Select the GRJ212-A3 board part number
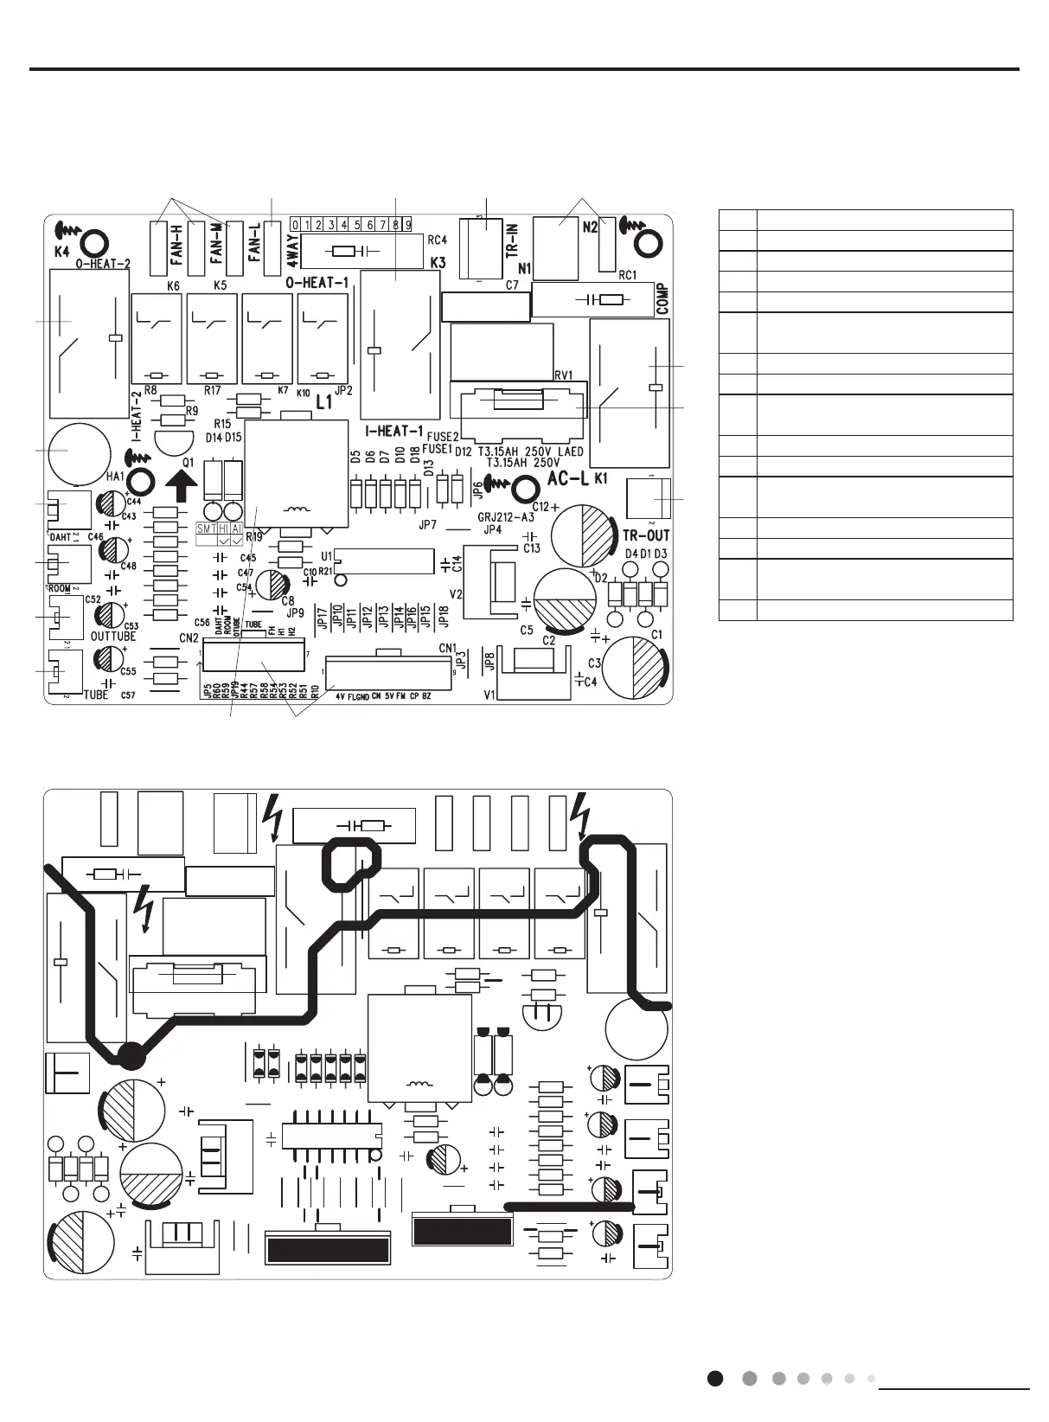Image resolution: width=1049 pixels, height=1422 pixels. click(505, 516)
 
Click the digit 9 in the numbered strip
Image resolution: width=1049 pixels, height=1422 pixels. click(406, 225)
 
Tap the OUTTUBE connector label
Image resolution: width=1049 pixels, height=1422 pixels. click(113, 636)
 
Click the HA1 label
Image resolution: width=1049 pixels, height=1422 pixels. click(115, 477)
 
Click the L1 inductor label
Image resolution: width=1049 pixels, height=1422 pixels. click(323, 402)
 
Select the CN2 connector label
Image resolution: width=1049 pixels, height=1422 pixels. click(189, 637)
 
